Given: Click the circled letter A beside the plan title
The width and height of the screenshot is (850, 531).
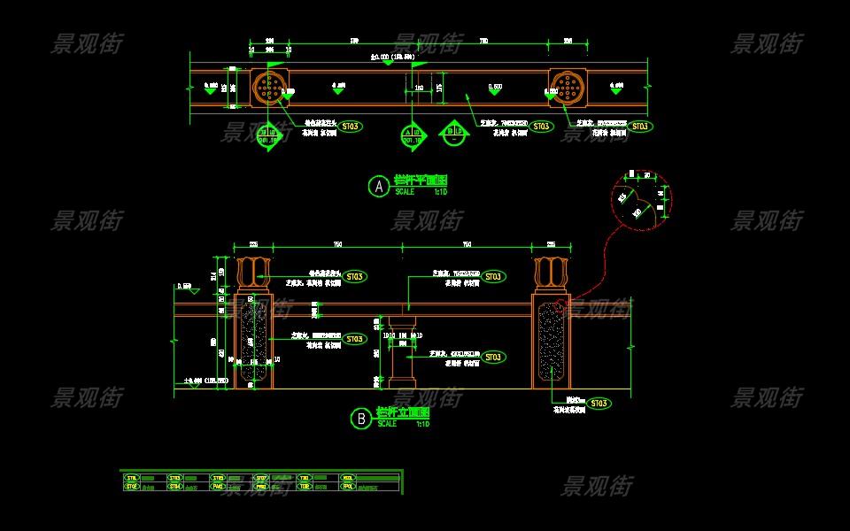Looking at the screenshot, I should point(378,187).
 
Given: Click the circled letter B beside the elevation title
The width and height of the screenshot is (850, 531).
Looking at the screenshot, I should point(360,419).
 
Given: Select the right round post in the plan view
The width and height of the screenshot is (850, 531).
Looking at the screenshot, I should point(568,87).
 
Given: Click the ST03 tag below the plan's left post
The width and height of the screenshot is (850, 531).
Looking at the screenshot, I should point(350,127).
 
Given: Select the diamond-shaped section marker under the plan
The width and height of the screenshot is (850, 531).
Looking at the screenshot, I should point(452,135).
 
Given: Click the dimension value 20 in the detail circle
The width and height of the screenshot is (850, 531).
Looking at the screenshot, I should point(647,175).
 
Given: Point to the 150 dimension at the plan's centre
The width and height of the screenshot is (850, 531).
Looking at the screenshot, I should point(419,88).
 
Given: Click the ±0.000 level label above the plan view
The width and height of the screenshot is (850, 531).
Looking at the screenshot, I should point(395,58).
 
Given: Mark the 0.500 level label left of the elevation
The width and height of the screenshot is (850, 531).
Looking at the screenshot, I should point(184,287).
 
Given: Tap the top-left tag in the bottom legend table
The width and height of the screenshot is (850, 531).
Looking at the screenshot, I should point(133,478).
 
